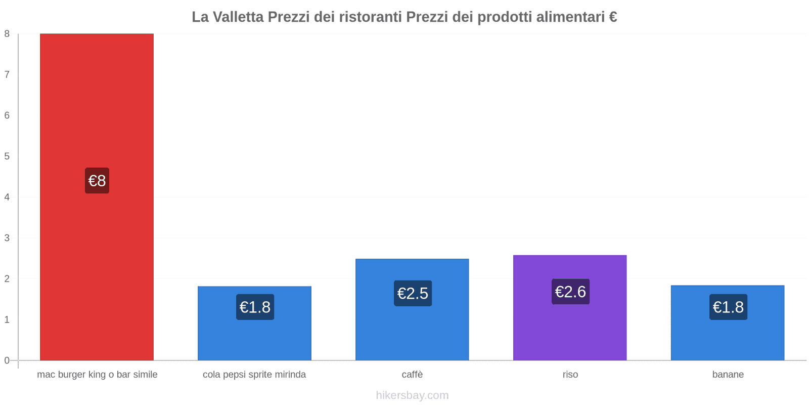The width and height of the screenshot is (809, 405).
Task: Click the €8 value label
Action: pos(97,181)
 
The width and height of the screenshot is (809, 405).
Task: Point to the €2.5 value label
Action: pos(413,293)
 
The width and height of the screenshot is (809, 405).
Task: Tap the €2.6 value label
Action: pos(570,292)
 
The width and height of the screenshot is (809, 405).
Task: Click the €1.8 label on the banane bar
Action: pos(728,307)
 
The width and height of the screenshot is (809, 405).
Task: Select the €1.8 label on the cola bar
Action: pos(255,307)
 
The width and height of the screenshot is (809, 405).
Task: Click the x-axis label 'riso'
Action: pos(570,375)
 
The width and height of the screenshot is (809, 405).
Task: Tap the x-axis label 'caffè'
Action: pos(412,375)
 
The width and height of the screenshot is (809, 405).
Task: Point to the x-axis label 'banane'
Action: pos(728,375)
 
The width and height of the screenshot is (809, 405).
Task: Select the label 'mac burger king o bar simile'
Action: pos(97,375)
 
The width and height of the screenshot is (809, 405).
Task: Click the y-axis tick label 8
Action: pos(7,34)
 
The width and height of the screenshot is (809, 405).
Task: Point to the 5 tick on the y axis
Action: pos(7,156)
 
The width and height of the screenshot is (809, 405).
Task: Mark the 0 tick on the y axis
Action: pos(7,360)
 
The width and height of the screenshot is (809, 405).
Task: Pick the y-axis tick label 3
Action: pos(7,238)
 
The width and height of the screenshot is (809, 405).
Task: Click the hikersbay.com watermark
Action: pos(412,395)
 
